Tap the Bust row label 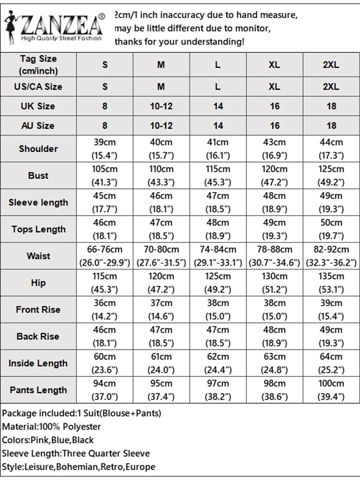(38, 176)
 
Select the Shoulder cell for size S (105, 149)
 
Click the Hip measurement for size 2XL (331, 283)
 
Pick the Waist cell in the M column (161, 256)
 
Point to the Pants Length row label (38, 390)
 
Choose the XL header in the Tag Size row (274, 64)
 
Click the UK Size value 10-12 (161, 106)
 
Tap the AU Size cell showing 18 (331, 126)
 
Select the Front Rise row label (38, 310)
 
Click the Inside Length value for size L (218, 363)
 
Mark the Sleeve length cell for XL (274, 203)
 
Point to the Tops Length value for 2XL (331, 229)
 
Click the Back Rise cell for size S (105, 336)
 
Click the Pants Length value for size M (161, 390)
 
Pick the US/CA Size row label (38, 87)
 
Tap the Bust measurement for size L (218, 176)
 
